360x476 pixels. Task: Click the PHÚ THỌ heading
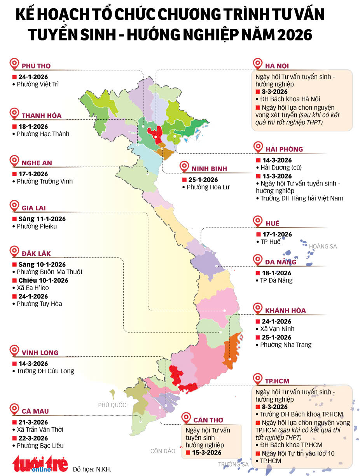pyautogui.click(x=36, y=66)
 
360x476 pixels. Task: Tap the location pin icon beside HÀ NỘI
pyautogui.click(x=257, y=64)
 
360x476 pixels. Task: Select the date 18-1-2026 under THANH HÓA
pyautogui.click(x=33, y=126)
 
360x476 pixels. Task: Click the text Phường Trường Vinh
pyautogui.click(x=45, y=181)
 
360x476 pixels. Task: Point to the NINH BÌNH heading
pyautogui.click(x=209, y=169)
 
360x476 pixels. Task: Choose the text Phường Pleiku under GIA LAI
pyautogui.click(x=37, y=226)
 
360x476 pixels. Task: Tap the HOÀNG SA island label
pyautogui.click(x=323, y=246)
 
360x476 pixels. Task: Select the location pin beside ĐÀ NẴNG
pyautogui.click(x=257, y=260)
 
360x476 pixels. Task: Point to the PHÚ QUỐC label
pyautogui.click(x=112, y=405)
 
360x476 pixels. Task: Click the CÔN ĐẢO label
pyautogui.click(x=163, y=451)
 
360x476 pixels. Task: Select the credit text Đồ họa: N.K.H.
pyautogui.click(x=92, y=469)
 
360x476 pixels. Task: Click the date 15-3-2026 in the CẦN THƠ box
pyautogui.click(x=206, y=453)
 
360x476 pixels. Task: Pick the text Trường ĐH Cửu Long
pyautogui.click(x=45, y=371)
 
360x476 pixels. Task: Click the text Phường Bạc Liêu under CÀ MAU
pyautogui.click(x=40, y=446)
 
